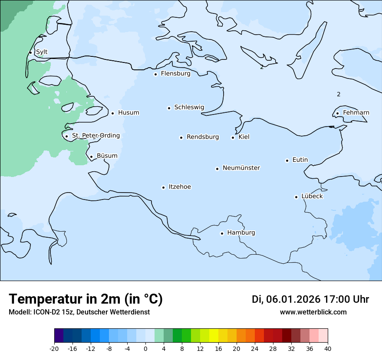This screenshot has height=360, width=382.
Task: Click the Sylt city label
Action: (x=42, y=52)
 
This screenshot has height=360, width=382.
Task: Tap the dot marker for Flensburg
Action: (x=155, y=74)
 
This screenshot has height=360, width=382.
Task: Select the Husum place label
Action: (x=128, y=113)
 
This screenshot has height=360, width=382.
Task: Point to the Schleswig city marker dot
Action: (x=169, y=108)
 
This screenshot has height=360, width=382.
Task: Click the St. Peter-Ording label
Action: (x=95, y=136)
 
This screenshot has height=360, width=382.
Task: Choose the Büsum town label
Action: (x=107, y=156)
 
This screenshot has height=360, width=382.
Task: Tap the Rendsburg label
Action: (x=203, y=137)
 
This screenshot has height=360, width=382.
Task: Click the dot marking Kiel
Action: (x=233, y=137)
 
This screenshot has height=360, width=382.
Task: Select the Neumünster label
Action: (x=241, y=168)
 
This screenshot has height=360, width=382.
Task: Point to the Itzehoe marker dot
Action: (x=163, y=187)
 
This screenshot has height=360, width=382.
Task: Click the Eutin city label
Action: (x=300, y=160)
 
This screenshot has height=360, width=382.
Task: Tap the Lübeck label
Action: (x=312, y=196)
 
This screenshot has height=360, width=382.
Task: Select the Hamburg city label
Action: (x=241, y=232)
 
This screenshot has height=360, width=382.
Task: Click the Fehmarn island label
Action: (x=356, y=113)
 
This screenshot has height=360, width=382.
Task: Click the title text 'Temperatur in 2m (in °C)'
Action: (x=86, y=299)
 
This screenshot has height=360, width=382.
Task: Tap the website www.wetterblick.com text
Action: (x=313, y=312)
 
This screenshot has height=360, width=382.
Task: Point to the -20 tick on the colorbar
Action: (x=54, y=348)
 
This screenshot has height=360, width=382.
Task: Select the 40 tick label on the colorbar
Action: (x=328, y=348)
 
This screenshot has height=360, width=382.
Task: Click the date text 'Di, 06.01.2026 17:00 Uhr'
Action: (x=310, y=299)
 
